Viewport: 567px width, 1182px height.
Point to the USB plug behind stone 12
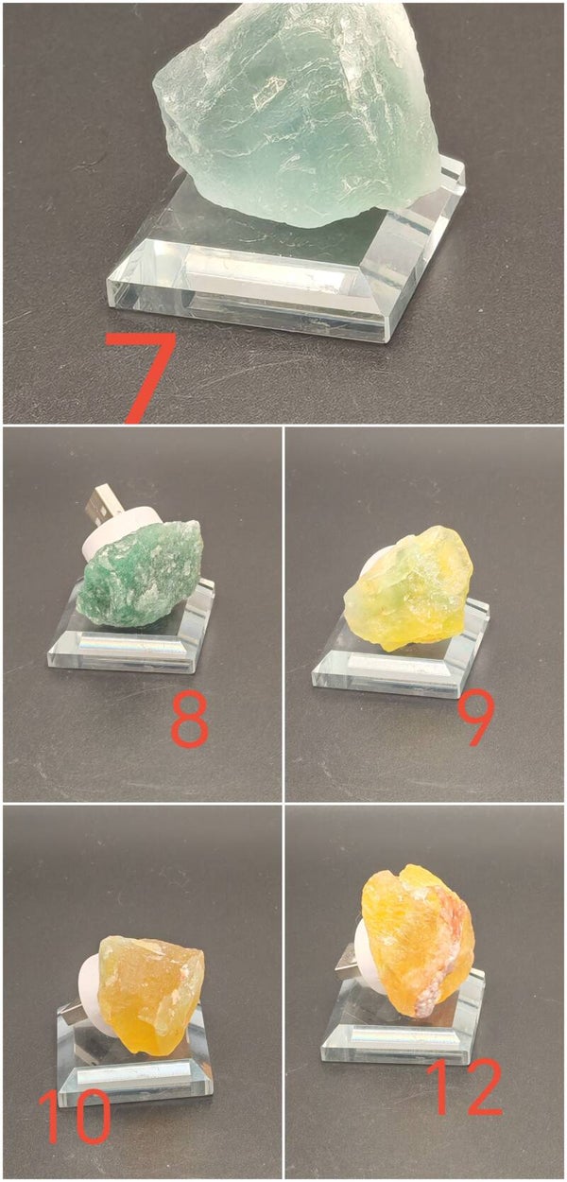pos(348,960)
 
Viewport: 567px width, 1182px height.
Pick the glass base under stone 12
pos(403,1018)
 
